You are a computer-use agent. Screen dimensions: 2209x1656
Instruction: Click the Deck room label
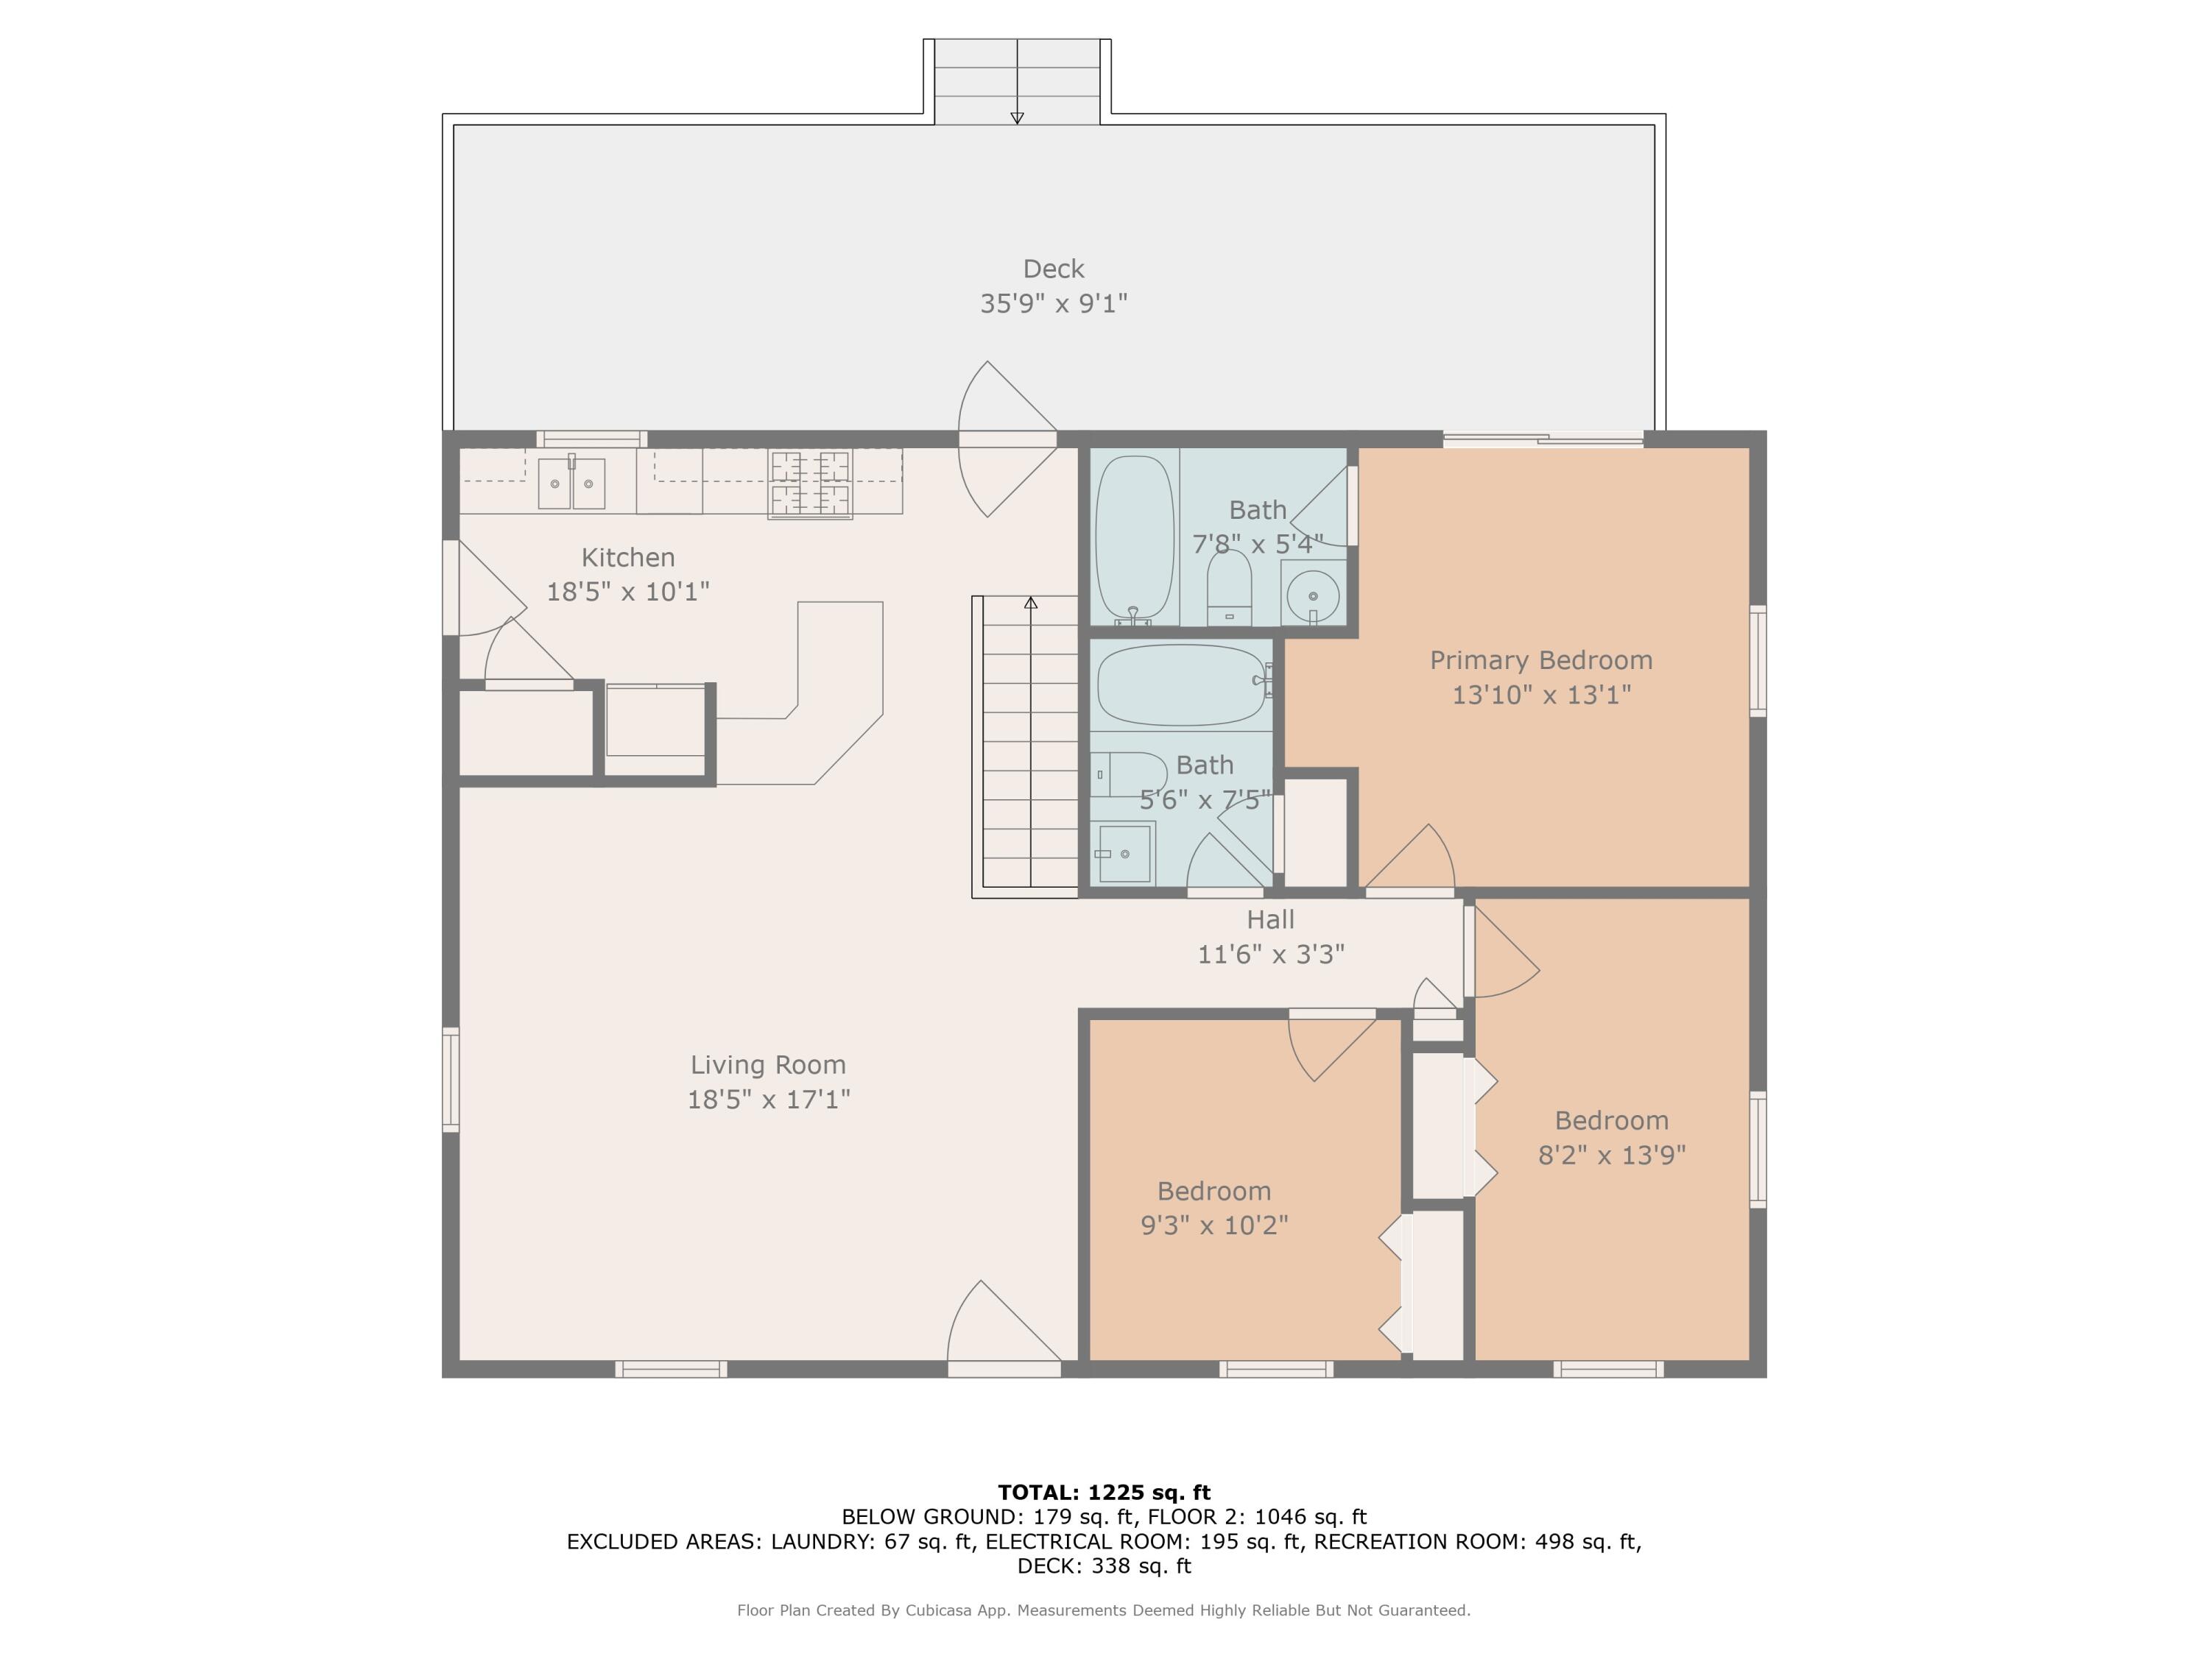click(x=1054, y=269)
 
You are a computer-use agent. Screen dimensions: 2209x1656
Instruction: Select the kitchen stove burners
click(x=810, y=484)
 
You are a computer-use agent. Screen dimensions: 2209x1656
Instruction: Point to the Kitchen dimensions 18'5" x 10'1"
click(x=628, y=592)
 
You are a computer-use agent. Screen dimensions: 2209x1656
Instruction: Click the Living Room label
click(x=768, y=1065)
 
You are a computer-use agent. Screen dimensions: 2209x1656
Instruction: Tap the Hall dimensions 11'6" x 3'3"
click(x=1271, y=955)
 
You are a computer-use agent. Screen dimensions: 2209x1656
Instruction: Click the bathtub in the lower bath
click(x=1181, y=684)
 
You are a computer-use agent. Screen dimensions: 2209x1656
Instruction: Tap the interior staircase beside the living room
click(x=1026, y=746)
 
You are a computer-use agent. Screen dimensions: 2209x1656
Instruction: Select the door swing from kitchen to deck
click(x=1007, y=439)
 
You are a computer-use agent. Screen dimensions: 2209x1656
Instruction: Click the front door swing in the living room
click(x=1004, y=1323)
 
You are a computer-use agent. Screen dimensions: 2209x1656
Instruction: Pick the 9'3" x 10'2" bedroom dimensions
click(x=1214, y=1225)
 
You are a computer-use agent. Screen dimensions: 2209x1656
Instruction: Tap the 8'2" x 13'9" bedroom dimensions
click(x=1612, y=1155)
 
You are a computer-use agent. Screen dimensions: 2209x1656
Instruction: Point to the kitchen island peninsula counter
click(x=800, y=693)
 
